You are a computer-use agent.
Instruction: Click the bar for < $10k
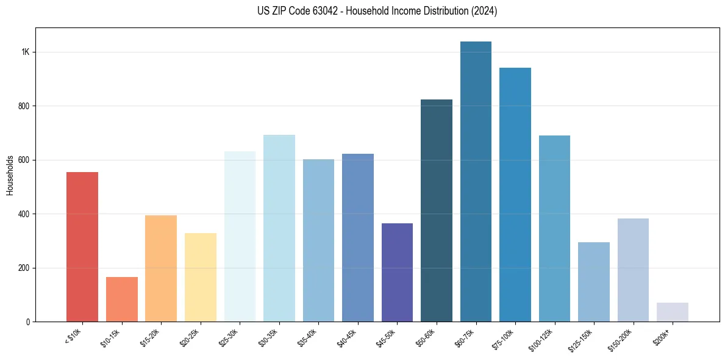(x=82, y=247)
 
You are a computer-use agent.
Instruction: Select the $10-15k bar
(x=121, y=299)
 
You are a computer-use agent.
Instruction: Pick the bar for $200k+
(x=672, y=312)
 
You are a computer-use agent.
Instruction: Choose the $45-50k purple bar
(x=397, y=272)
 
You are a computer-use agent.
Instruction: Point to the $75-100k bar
(x=515, y=195)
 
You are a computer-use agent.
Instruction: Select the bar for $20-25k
(x=200, y=277)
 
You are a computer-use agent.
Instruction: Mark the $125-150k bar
(x=593, y=282)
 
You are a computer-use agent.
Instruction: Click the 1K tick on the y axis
(x=25, y=52)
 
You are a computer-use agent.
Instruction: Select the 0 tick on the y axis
(x=27, y=322)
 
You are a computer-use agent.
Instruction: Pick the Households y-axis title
(x=10, y=175)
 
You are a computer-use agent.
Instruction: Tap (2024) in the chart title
(x=485, y=11)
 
